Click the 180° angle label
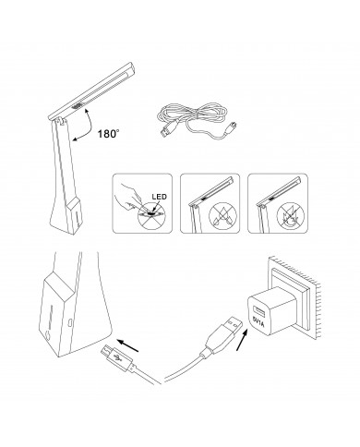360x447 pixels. click(108, 134)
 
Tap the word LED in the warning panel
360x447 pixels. click(159, 197)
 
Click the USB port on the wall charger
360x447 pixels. click(257, 311)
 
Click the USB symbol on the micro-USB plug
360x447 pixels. click(117, 358)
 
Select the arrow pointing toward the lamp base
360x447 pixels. click(128, 345)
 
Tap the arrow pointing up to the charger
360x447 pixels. click(242, 340)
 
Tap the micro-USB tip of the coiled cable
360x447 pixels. click(233, 127)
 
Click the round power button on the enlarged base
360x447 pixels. click(47, 335)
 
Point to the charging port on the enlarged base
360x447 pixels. click(70, 323)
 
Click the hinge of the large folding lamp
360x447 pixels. click(63, 122)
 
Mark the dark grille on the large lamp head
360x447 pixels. click(77, 106)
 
